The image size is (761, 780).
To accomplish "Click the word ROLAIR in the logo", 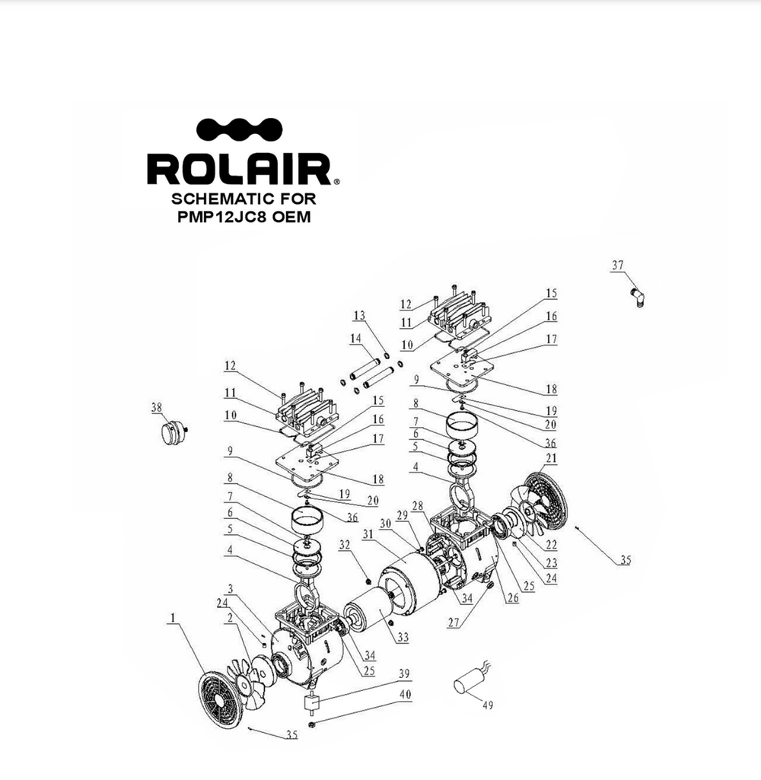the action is click(240, 169).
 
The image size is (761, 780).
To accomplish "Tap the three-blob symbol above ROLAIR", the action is click(239, 130).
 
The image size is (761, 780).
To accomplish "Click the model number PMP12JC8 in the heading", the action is click(222, 217).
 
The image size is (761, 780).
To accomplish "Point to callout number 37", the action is click(617, 265).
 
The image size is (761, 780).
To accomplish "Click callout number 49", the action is click(488, 705).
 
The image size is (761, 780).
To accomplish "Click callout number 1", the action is click(173, 618).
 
